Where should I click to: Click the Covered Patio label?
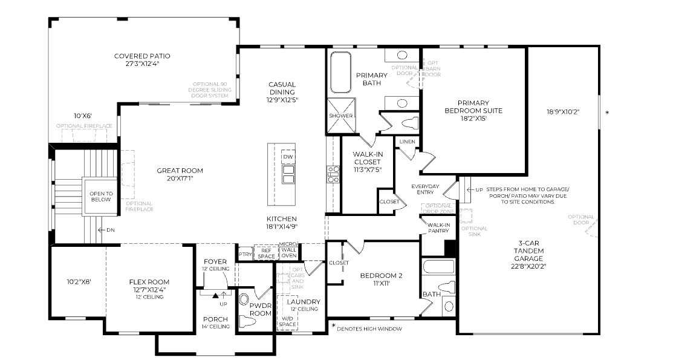142,56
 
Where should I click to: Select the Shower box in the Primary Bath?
340,116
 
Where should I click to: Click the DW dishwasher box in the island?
288,157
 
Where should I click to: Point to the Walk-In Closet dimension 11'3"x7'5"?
367,171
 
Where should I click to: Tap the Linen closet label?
407,142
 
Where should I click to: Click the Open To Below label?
101,197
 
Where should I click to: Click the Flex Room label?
149,282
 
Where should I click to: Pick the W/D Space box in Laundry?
287,321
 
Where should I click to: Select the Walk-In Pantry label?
438,228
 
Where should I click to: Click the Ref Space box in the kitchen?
266,252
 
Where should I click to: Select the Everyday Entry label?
424,189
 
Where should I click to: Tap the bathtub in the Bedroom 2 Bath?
437,267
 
